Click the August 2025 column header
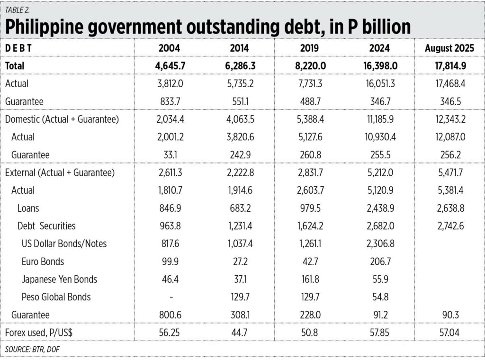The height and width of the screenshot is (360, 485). tap(449, 49)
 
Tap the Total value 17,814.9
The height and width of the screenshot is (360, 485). tap(449, 66)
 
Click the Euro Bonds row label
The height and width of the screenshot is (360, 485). tap(43, 261)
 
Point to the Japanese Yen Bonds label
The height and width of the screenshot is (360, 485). tap(59, 279)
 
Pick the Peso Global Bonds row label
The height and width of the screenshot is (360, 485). tap(56, 297)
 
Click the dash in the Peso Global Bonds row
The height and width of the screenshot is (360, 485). tap(171, 297)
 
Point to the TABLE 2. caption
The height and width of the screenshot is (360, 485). tap(19, 9)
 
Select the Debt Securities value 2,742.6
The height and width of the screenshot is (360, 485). tap(449, 226)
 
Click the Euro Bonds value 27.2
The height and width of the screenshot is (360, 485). tap(239, 261)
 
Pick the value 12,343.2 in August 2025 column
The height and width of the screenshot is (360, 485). tap(449, 119)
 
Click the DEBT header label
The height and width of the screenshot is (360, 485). tap(18, 49)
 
